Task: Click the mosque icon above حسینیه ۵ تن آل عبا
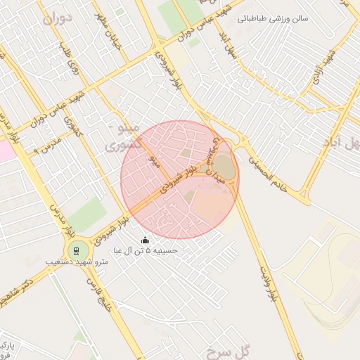point(146,240)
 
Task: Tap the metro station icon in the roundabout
point(76,250)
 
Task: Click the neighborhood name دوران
point(57,19)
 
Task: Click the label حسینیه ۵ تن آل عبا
point(146,251)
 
